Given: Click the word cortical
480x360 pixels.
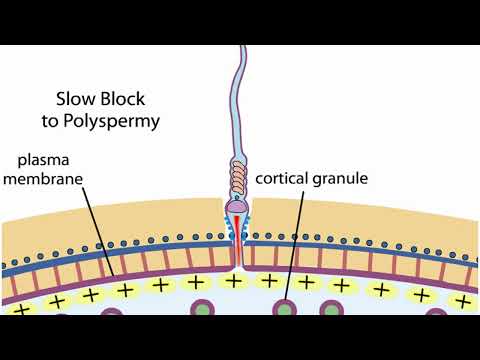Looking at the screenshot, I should [286, 180].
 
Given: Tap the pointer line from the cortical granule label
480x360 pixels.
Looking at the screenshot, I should [293, 240].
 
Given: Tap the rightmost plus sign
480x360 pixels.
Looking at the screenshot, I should [462, 300].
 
